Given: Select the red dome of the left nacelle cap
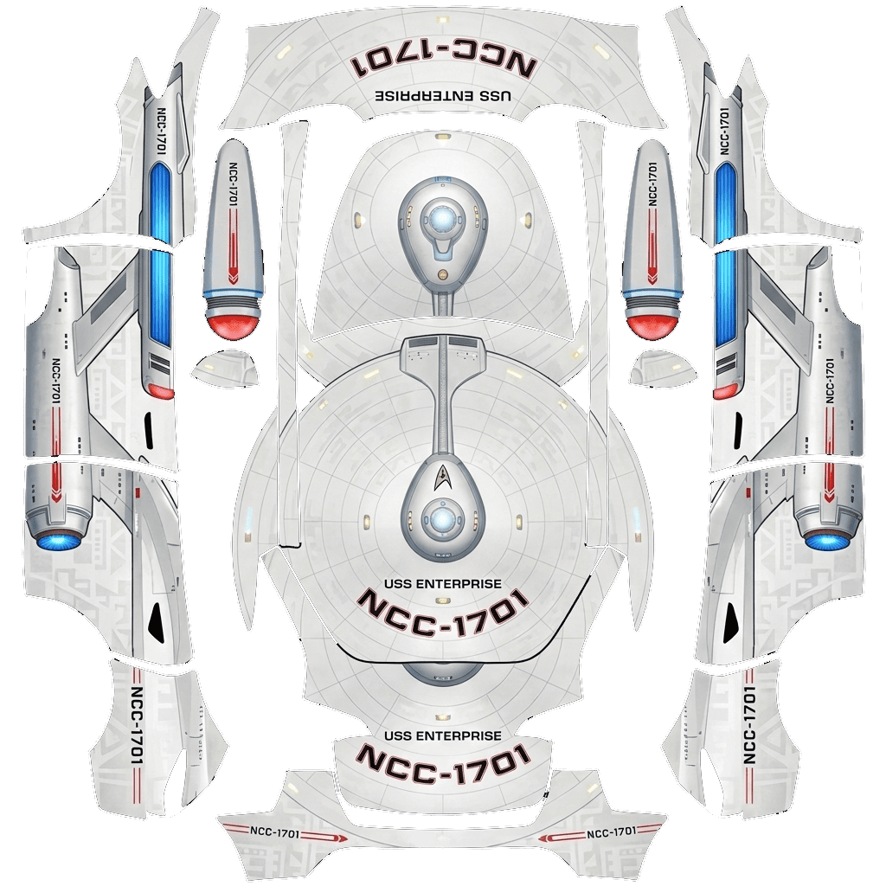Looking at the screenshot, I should tap(234, 321).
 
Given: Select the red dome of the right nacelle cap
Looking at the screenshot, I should tap(652, 321).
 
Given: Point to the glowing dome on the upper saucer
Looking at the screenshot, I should tap(443, 215).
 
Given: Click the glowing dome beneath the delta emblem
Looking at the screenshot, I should tap(443, 519).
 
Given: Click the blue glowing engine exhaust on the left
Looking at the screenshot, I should tap(58, 539).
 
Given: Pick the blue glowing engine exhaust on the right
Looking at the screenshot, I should tap(827, 539).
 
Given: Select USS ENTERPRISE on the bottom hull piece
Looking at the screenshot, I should tap(442, 735).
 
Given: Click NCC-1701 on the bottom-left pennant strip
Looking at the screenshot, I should tap(274, 833).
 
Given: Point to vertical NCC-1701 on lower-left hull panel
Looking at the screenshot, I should tap(136, 725).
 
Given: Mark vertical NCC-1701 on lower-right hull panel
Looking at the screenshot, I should tap(749, 725).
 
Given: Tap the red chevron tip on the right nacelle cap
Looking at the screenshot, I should tap(652, 277).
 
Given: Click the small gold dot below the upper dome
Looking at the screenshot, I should tap(443, 273).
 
